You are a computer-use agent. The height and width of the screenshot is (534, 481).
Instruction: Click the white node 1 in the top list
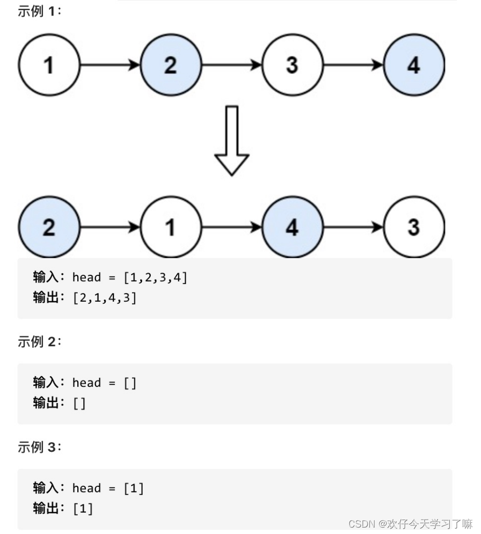(x=49, y=65)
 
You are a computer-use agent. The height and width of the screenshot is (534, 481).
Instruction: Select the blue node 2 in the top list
(x=170, y=65)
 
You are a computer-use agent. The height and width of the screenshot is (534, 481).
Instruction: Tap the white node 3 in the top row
(x=292, y=65)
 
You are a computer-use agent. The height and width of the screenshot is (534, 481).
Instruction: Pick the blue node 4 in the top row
(x=414, y=65)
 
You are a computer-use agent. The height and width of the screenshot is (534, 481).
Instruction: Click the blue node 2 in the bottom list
(x=49, y=228)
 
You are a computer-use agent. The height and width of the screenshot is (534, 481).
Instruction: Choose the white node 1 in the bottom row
(x=170, y=228)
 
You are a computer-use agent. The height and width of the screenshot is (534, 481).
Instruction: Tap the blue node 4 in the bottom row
(x=292, y=228)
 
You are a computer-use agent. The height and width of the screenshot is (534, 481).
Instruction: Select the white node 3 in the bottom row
(x=414, y=228)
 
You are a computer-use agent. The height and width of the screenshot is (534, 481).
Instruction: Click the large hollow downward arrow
(x=231, y=141)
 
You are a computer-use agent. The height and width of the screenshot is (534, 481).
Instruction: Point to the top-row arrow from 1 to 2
(x=110, y=65)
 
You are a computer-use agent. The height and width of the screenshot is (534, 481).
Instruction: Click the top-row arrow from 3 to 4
(x=353, y=65)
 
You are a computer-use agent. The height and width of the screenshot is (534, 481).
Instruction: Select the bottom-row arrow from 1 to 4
(x=231, y=228)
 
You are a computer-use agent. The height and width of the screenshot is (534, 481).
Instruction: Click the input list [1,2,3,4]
(x=155, y=277)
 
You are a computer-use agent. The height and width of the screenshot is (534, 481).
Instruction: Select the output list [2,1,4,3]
(x=105, y=297)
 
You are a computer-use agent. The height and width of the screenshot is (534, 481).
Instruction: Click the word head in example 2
(x=86, y=383)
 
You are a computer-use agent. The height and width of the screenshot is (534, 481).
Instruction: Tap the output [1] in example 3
(x=83, y=508)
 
